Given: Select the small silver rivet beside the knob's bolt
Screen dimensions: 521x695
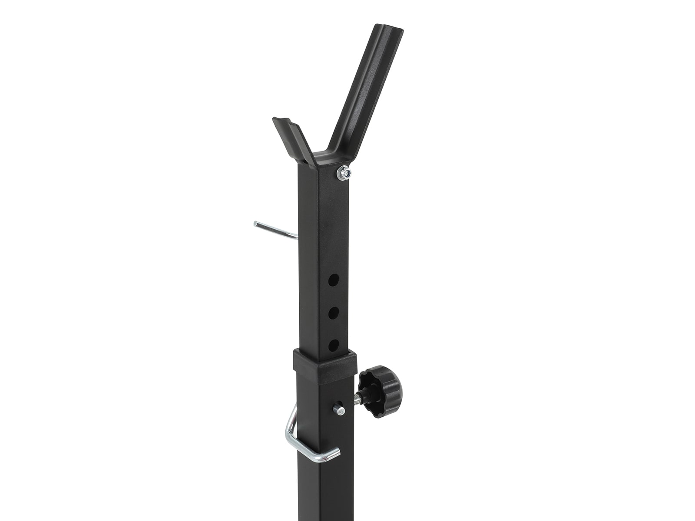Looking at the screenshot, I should (338, 409).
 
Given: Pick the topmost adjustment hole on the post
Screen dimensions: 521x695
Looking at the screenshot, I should (333, 280).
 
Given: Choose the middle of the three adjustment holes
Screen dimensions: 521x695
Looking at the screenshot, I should (333, 313).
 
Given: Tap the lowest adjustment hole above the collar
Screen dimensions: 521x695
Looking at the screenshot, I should (333, 345).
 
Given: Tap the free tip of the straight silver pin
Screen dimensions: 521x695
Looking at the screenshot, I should (256, 224).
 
